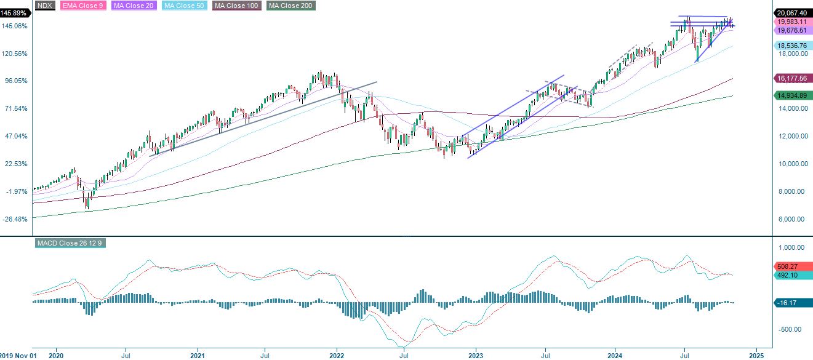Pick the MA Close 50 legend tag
186,6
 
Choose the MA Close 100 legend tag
236,6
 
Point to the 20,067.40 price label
791,12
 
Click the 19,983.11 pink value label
791,21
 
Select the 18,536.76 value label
791,45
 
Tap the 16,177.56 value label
791,79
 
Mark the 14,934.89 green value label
791,95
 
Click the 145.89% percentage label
14,13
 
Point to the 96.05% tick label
15,81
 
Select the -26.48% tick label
15,219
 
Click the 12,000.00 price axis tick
791,137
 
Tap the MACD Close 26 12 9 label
70,244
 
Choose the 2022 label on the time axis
337,355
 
